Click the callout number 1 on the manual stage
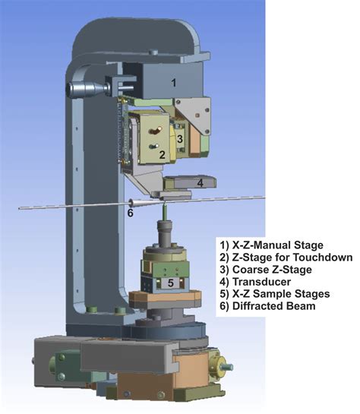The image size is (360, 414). tap(173, 83)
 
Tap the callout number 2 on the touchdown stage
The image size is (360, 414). tap(163, 155)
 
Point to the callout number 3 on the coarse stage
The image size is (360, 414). tap(180, 139)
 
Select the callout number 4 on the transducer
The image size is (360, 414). tap(201, 183)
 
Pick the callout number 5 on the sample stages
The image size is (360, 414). tap(171, 283)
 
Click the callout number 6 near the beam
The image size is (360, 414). tap(131, 213)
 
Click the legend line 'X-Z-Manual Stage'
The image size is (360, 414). tap(271, 245)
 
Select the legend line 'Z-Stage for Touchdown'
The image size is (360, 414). tap(286, 258)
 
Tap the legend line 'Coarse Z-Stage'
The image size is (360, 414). tap(266, 270)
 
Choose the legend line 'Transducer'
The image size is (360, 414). tap(255, 282)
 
